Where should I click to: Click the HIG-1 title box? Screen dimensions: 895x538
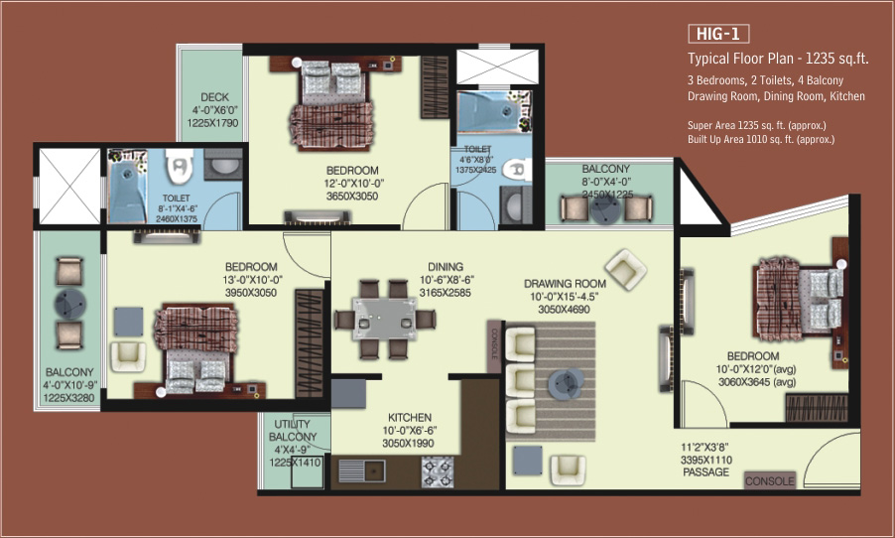pos(718,34)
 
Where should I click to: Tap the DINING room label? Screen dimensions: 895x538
pos(446,267)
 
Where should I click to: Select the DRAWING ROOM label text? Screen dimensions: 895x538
pos(565,283)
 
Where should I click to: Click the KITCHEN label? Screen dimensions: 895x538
pos(409,418)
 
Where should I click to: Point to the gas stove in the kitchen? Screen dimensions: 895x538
pos(438,472)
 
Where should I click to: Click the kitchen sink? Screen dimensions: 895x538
pos(362,471)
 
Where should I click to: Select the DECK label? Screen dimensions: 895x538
pos(214,97)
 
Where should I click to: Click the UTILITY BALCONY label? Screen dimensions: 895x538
pos(293,430)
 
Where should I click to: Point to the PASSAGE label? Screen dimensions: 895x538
pos(705,472)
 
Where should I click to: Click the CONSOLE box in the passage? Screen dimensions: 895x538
pos(769,480)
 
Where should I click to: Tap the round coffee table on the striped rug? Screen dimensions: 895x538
pos(566,383)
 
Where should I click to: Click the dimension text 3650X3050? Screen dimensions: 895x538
pos(352,196)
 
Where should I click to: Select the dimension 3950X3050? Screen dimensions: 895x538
pos(251,293)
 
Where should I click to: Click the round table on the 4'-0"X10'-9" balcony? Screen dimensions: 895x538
pos(70,304)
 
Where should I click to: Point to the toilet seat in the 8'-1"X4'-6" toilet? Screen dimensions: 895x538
pos(179,167)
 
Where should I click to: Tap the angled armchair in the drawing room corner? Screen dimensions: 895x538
pos(625,269)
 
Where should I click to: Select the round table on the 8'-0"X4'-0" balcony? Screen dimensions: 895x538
pos(605,209)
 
